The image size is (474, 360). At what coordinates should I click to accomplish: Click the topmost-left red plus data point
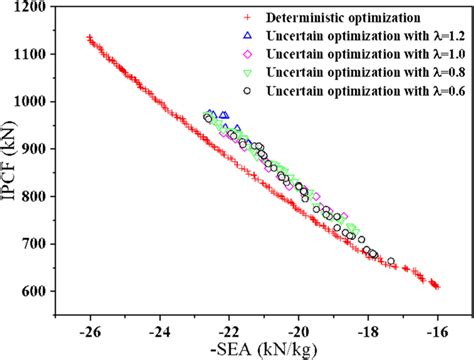click(x=89, y=38)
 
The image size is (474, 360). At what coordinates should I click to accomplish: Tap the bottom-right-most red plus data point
click(x=436, y=286)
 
